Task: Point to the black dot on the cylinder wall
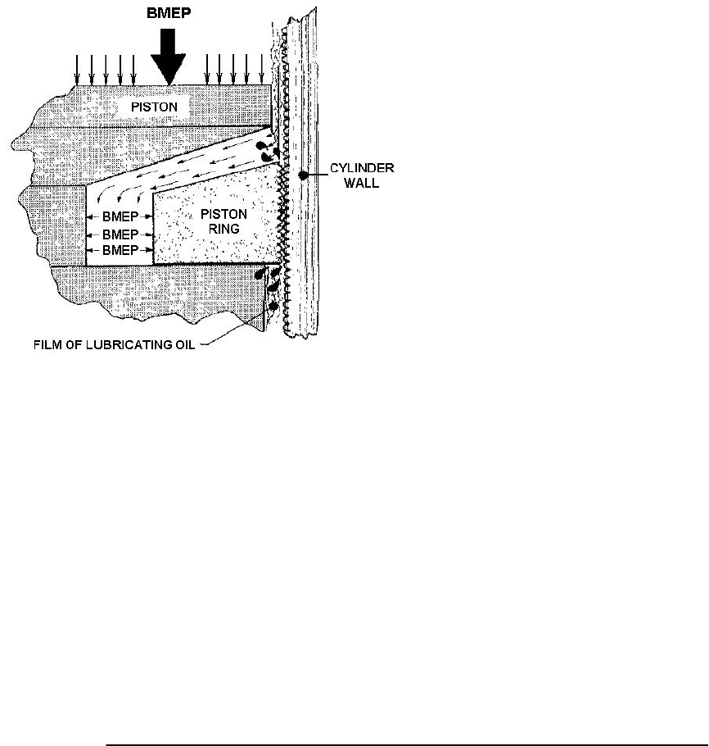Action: tap(303, 175)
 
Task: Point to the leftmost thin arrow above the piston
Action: tap(77, 70)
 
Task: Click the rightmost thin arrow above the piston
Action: tap(262, 70)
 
